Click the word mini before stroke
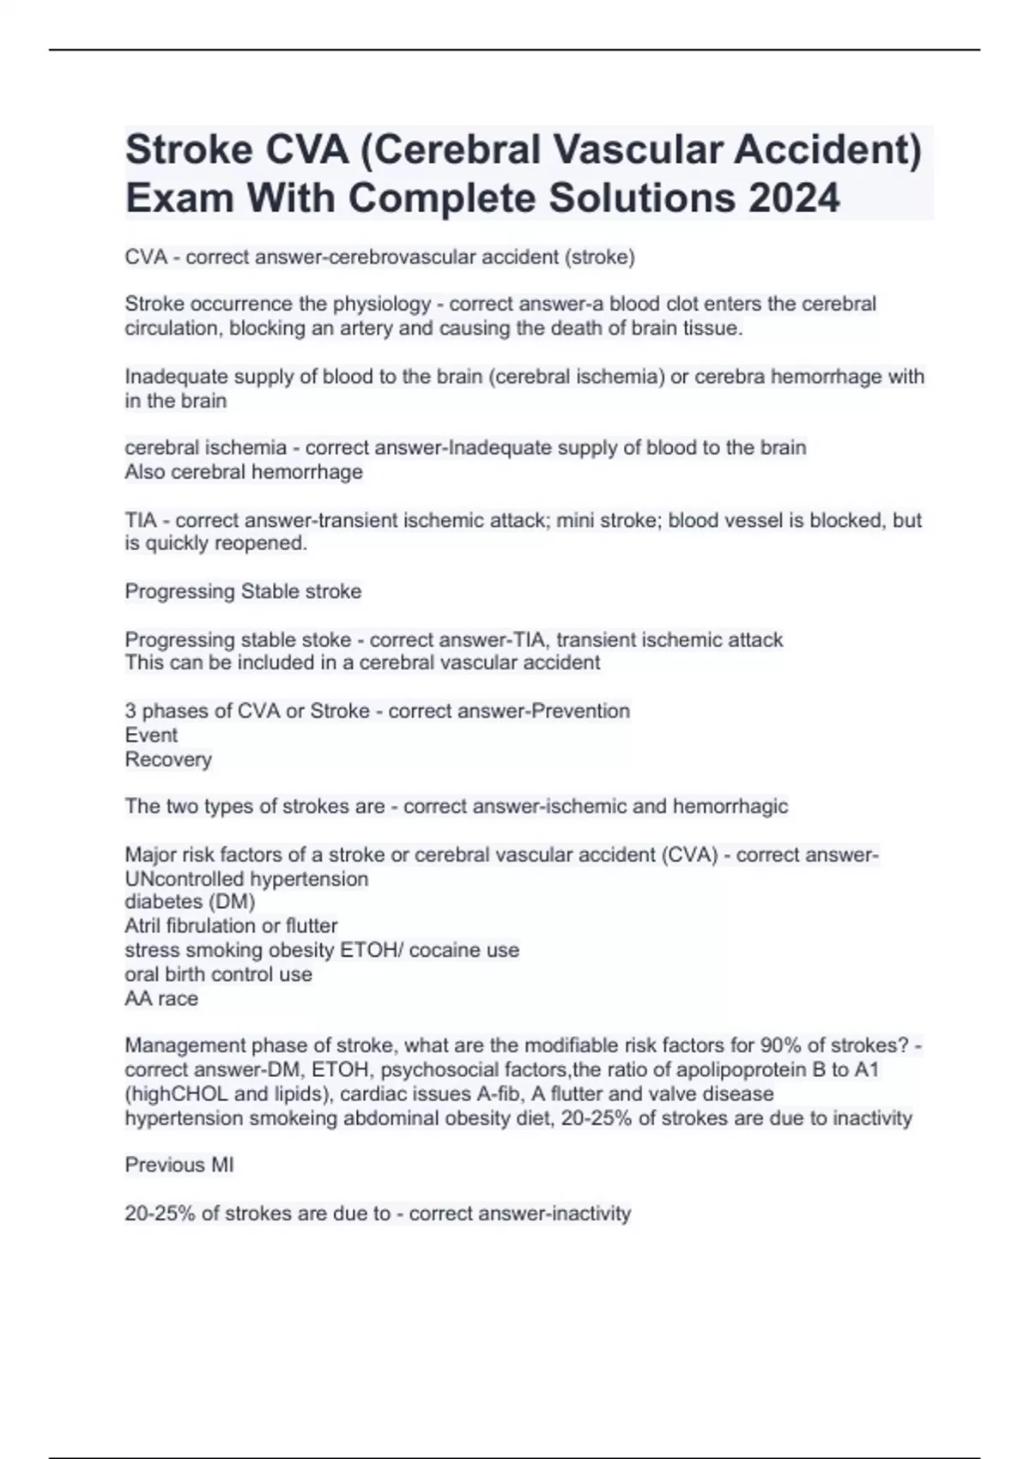click(x=583, y=520)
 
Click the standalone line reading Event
click(x=151, y=735)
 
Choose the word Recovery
click(x=168, y=760)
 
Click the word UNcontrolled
click(x=185, y=879)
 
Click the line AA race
click(x=161, y=999)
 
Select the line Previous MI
click(x=179, y=1165)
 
